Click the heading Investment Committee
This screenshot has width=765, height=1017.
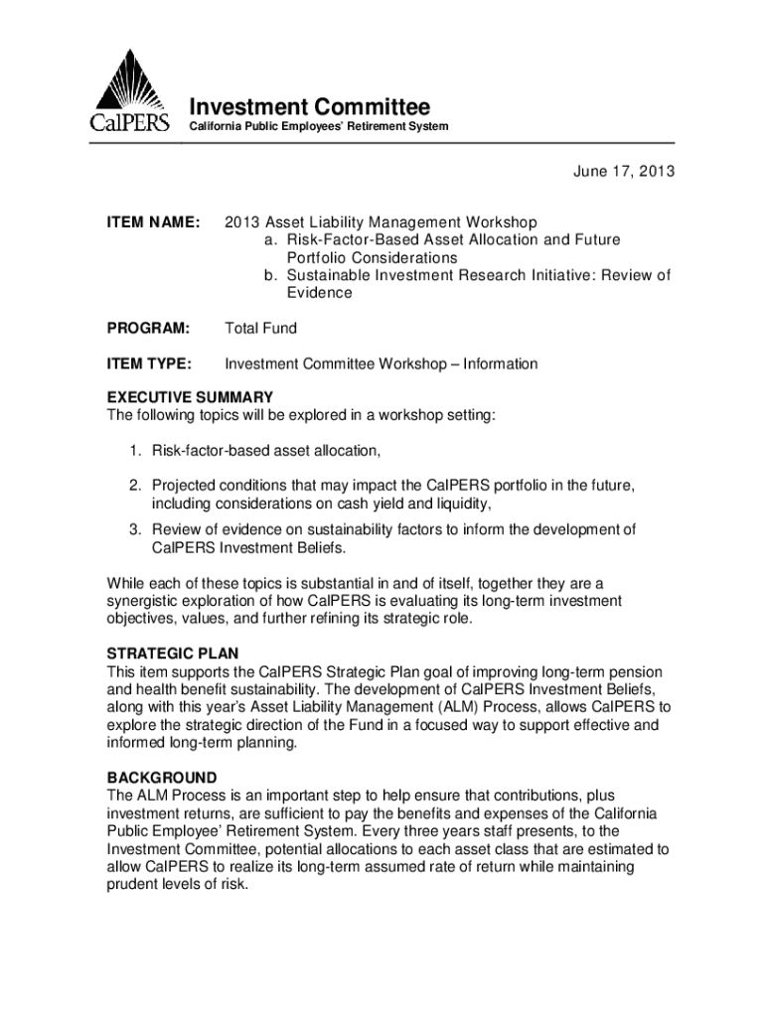point(310,106)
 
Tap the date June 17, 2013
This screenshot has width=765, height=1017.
point(623,172)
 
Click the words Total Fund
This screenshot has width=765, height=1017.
point(261,328)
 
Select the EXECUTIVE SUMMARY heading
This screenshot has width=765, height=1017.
point(190,397)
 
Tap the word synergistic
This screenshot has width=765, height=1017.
point(146,602)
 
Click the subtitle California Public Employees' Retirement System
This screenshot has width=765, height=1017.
point(319,127)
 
